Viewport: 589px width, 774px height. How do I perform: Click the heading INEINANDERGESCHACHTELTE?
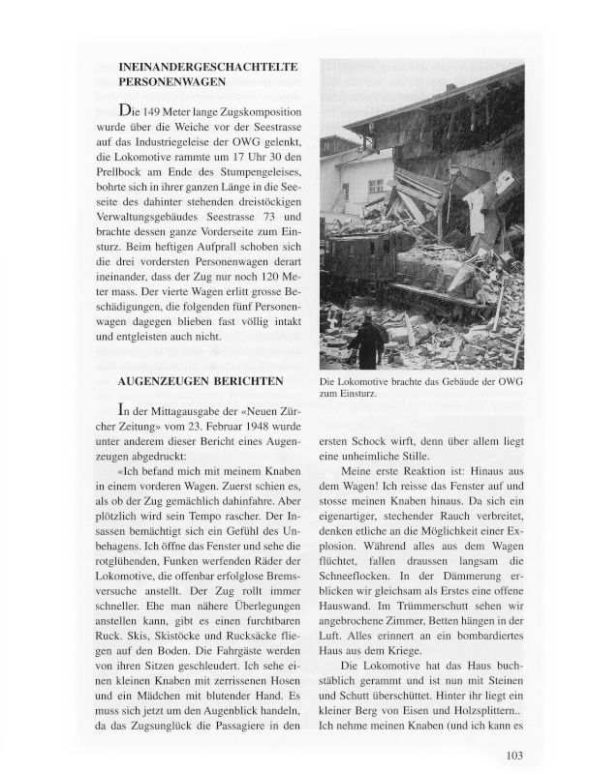[206, 67]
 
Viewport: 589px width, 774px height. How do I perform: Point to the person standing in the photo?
[367, 341]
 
